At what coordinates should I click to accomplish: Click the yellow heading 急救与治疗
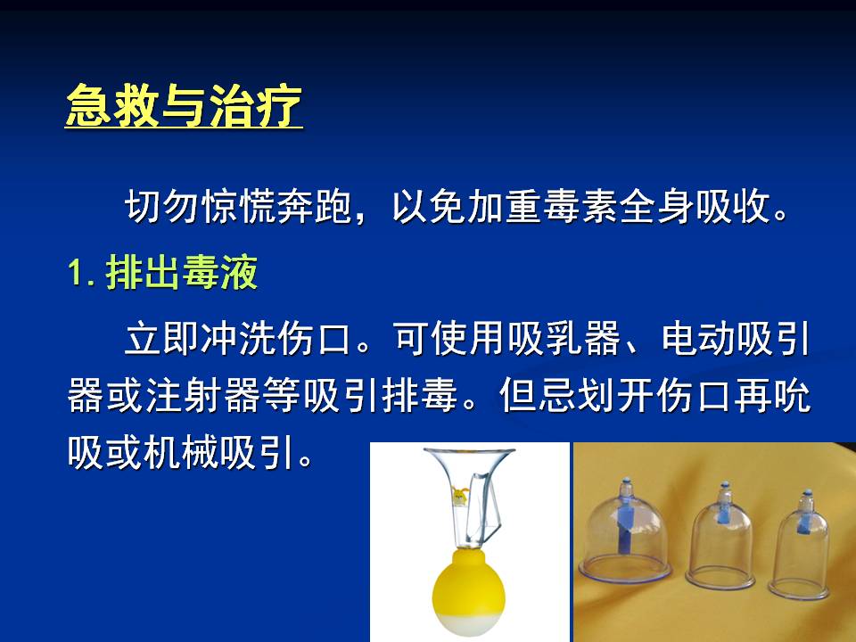tap(184, 106)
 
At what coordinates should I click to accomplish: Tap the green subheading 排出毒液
tap(181, 272)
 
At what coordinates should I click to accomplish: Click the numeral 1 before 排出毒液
tap(75, 272)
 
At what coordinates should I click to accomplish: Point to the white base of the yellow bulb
tap(469, 622)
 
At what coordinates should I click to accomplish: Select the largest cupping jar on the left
tap(625, 532)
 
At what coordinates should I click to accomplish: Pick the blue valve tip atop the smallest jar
tap(807, 494)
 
